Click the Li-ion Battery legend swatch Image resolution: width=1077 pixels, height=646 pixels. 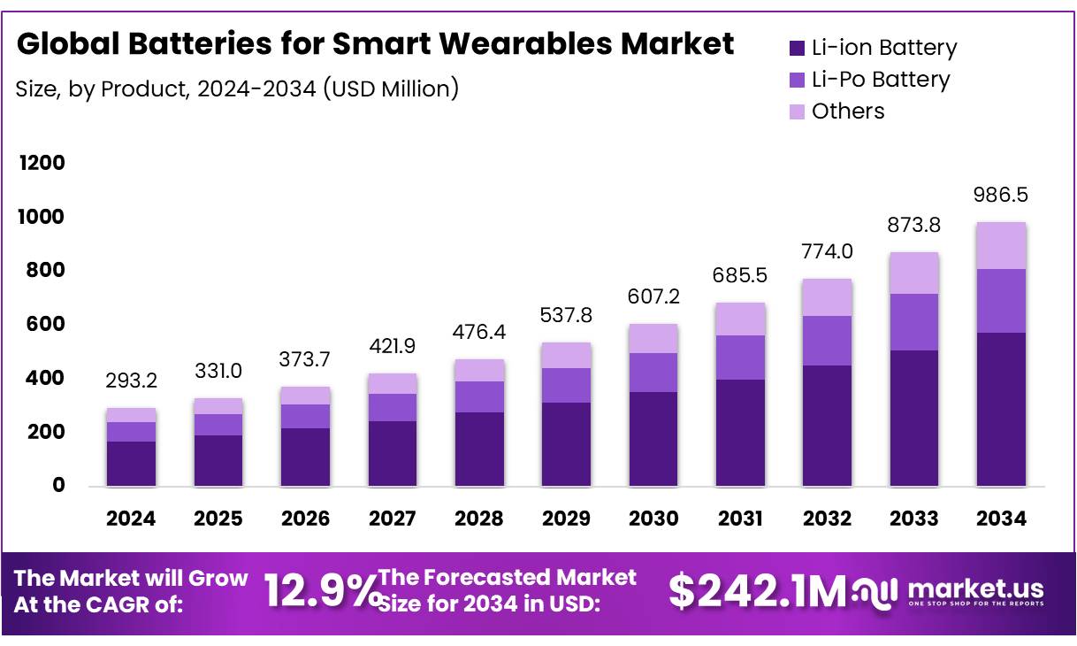tap(796, 49)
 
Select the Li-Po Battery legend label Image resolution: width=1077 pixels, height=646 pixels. tap(881, 80)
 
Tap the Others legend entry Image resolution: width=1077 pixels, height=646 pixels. tap(847, 112)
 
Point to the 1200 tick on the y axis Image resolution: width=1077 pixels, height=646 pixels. tap(42, 163)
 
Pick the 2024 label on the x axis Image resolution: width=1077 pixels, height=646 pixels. tap(131, 519)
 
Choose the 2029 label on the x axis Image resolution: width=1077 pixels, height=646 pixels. tap(566, 519)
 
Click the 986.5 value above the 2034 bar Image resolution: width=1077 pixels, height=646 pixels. tap(1002, 195)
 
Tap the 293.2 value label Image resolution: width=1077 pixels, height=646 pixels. tap(131, 381)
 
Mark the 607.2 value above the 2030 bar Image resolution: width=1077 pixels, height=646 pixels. tap(653, 297)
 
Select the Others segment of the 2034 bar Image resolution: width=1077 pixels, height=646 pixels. tap(1001, 245)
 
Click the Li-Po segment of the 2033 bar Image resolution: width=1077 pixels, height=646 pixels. tap(914, 322)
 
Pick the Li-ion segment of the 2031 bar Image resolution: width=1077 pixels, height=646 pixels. tap(740, 432)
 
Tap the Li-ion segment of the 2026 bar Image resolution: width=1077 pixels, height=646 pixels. tap(305, 457)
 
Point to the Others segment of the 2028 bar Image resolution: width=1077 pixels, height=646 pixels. tap(479, 370)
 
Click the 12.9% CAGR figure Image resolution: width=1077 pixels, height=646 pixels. tap(320, 591)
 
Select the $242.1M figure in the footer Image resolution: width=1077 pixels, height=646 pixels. tap(756, 591)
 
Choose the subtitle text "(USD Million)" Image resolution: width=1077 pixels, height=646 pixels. tap(390, 88)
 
